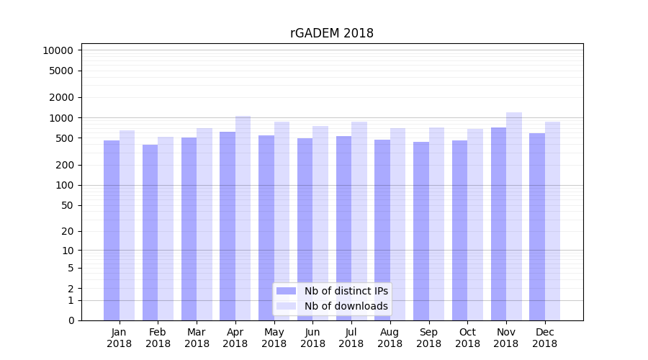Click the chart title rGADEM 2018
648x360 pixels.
331,33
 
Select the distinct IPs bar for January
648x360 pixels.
112,230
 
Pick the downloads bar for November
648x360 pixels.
514,216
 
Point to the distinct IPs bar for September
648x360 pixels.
421,231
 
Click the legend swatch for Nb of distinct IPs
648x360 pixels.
286,291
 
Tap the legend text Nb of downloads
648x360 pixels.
346,306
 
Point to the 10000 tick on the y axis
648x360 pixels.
58,50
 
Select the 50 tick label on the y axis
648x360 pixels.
66,205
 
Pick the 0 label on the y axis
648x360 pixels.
71,320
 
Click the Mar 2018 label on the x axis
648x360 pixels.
197,338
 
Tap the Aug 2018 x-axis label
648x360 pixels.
390,338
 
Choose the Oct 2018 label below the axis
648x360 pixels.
467,338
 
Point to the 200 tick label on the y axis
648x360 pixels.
64,165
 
